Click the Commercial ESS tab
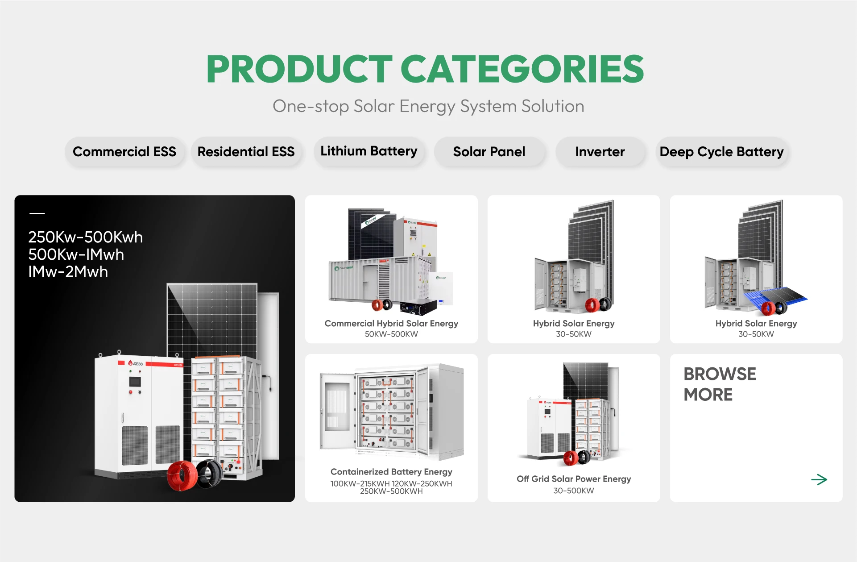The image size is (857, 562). tap(124, 152)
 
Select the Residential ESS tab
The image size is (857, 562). tap(246, 152)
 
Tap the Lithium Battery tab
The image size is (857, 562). tap(369, 151)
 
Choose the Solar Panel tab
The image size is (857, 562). tap(489, 152)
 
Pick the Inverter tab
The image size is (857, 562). tap(600, 152)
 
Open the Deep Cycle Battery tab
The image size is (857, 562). tap(722, 152)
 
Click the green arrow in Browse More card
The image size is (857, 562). tap(819, 480)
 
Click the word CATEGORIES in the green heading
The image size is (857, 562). tap(522, 69)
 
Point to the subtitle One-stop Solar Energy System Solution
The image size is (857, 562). tap(428, 106)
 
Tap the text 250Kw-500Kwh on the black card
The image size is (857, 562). tap(86, 237)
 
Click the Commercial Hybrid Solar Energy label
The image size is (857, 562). tap(391, 324)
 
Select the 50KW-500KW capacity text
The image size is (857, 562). tap(391, 334)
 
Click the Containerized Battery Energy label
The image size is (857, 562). tap(391, 472)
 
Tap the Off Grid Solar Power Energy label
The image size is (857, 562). tap(574, 479)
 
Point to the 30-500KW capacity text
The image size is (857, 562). tap(574, 491)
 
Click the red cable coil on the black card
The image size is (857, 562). tap(182, 476)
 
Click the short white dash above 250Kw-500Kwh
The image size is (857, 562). tap(37, 213)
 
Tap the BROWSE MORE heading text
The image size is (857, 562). tap(720, 384)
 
